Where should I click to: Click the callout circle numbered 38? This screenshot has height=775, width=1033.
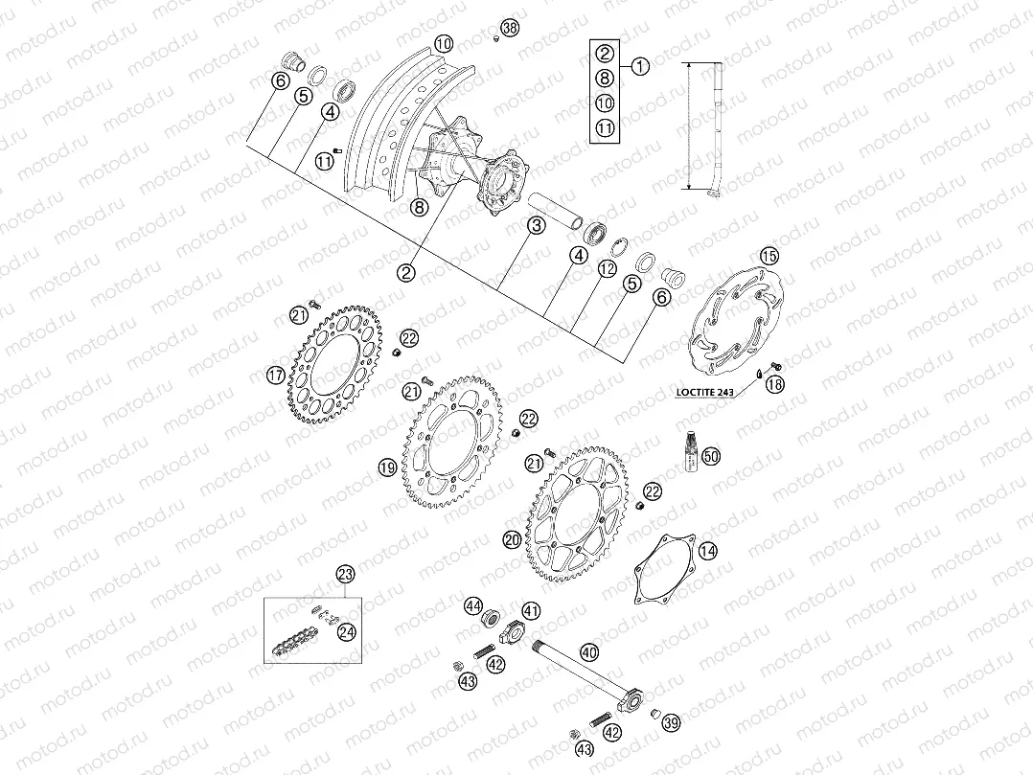point(509,28)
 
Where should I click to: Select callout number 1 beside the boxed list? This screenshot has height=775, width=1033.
point(639,66)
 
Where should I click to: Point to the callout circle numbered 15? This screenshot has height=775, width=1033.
point(769,255)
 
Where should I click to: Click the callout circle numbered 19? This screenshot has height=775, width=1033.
point(386,467)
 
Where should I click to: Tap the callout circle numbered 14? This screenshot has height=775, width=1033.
point(707,551)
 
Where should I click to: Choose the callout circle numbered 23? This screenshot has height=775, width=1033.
point(346,575)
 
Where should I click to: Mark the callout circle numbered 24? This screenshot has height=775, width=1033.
point(346,631)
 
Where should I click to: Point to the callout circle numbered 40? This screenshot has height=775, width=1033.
point(588,651)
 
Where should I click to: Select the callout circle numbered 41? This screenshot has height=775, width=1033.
point(531,610)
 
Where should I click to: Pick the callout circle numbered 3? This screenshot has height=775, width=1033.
point(535,225)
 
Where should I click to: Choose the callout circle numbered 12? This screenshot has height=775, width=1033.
point(606,271)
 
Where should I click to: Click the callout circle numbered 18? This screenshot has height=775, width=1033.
point(774,384)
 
